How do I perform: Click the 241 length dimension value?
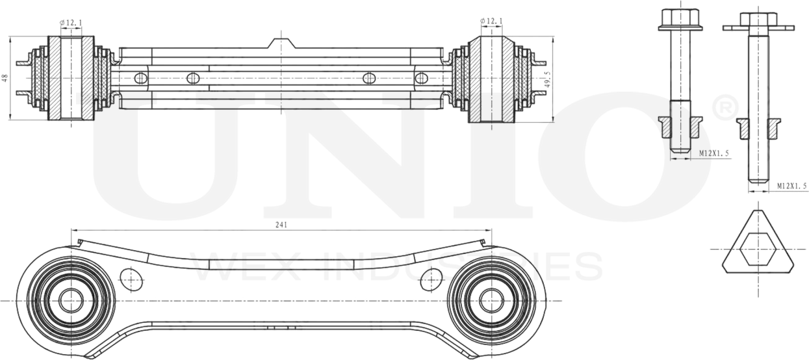pyautogui.click(x=281, y=224)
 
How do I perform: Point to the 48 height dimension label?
pyautogui.click(x=5, y=77)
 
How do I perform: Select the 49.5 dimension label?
pyautogui.click(x=548, y=79)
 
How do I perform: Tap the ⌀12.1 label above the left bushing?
pyautogui.click(x=71, y=23)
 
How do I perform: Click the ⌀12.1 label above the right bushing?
pyautogui.click(x=491, y=21)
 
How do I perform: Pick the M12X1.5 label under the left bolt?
pyautogui.click(x=713, y=153)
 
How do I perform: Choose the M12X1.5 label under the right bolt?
pyautogui.click(x=791, y=186)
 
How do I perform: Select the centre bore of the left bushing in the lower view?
pyautogui.click(x=71, y=300)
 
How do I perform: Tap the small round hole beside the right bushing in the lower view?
pyautogui.click(x=431, y=279)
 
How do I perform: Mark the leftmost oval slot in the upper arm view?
pyautogui.click(x=141, y=79)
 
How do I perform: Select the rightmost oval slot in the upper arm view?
pyautogui.click(x=421, y=79)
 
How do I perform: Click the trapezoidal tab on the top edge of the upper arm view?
pyautogui.click(x=281, y=44)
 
